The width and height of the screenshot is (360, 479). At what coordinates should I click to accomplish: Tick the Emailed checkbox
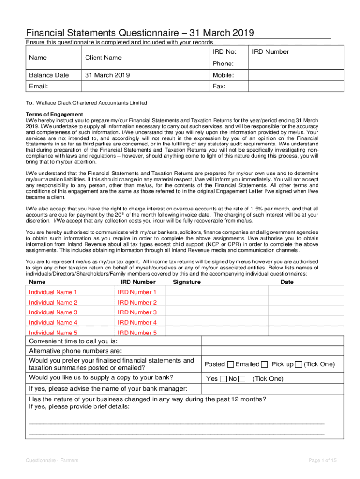click(x=265, y=364)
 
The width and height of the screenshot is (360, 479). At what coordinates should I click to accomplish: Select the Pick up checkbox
click(x=299, y=364)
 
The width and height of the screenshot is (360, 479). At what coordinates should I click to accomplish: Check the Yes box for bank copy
click(x=223, y=379)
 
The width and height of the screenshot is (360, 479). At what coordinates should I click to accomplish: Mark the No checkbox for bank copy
click(x=242, y=379)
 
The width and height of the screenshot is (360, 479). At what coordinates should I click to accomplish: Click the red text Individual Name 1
click(x=53, y=292)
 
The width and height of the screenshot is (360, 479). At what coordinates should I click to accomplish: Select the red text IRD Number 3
click(x=137, y=312)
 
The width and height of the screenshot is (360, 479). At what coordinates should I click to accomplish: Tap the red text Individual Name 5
click(x=53, y=333)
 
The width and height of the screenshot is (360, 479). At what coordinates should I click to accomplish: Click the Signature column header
click(x=187, y=282)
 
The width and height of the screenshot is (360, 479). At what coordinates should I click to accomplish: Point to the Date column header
click(x=287, y=282)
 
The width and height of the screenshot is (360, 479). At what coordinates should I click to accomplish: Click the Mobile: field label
click(x=223, y=75)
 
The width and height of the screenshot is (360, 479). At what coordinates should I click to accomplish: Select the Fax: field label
click(x=219, y=87)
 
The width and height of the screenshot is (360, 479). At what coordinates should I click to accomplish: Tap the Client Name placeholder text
click(x=103, y=58)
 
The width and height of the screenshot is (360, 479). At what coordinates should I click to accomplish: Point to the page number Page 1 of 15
click(x=323, y=461)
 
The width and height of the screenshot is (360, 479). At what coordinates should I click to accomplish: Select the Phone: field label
click(x=223, y=64)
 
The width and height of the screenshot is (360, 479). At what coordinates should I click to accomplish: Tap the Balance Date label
click(x=49, y=75)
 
